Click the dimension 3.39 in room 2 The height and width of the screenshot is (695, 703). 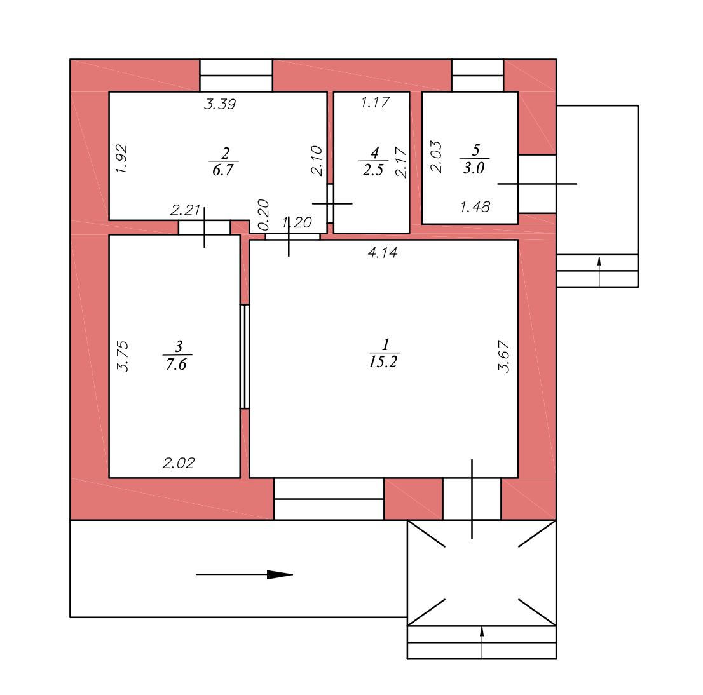(220, 104)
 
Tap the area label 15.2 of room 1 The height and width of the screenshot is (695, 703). (383, 361)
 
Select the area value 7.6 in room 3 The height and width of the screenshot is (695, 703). (176, 364)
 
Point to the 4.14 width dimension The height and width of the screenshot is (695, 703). (383, 253)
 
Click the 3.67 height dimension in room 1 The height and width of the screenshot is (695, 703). (504, 356)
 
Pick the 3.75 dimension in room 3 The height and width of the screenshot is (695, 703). (123, 356)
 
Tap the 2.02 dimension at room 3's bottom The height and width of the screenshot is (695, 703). (179, 463)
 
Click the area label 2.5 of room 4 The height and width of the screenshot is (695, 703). (373, 170)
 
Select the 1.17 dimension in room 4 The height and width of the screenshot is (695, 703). (375, 103)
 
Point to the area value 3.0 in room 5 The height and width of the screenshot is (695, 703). (474, 168)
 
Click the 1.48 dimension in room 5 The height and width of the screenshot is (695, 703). (475, 207)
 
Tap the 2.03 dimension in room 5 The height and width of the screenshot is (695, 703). (436, 156)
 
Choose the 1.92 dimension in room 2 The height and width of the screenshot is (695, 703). (121, 159)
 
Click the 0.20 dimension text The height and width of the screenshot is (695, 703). (263, 215)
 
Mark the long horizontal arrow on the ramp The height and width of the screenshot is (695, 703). (244, 574)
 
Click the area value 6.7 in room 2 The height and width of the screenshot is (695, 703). (223, 170)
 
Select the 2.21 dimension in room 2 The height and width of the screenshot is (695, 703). (185, 210)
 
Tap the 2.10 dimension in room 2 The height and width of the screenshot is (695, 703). (317, 161)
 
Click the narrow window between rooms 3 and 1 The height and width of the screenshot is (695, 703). (245, 356)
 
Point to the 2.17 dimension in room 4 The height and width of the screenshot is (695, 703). (401, 162)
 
